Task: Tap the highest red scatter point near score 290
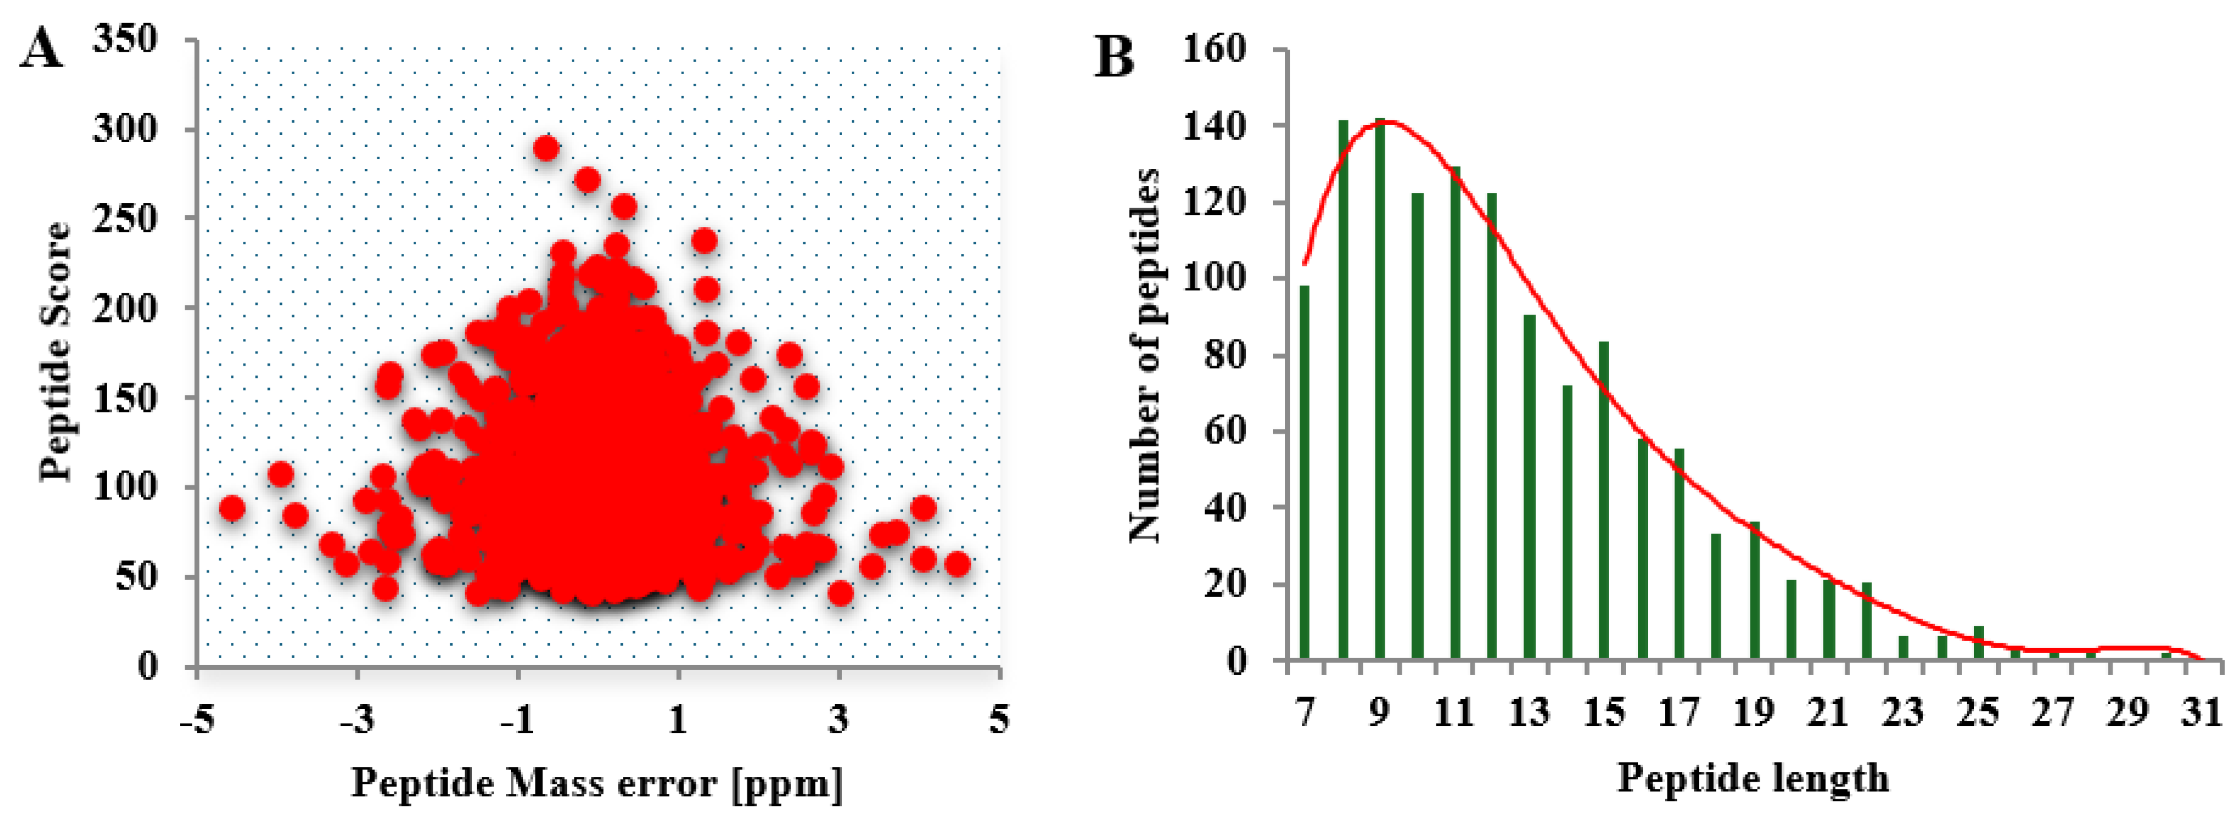(545, 148)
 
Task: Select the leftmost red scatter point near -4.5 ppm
(231, 508)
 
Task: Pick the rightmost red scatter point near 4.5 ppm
(958, 564)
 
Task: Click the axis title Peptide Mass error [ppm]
(597, 783)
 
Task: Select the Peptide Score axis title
(55, 352)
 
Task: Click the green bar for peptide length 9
(1379, 391)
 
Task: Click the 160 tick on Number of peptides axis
(1215, 49)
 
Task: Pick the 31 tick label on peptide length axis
(2201, 713)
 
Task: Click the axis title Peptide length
(1752, 777)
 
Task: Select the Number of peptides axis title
(1144, 356)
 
